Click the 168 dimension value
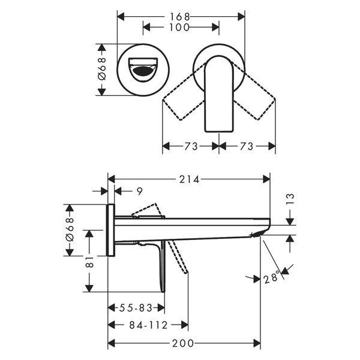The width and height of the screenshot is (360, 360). coord(180,17)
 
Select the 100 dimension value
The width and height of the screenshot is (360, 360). coord(179,28)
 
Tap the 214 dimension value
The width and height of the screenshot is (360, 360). coord(190,179)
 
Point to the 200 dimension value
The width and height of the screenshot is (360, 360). coord(183,343)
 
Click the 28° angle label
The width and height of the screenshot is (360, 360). coord(272,278)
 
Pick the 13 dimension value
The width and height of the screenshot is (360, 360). coord(290,199)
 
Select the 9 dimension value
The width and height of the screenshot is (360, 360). coord(140,191)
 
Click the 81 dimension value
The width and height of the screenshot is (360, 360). coord(89,262)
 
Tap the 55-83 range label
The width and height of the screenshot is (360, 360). coord(136,308)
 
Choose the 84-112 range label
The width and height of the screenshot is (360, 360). coord(148,325)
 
